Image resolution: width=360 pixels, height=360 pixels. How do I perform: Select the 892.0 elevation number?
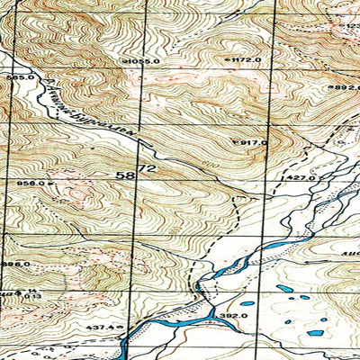[x=346, y=87]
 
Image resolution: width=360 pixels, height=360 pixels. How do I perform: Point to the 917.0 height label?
[x=254, y=142]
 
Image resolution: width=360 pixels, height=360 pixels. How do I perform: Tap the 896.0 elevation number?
[x=15, y=264]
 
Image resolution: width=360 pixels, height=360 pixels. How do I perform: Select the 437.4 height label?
[x=100, y=327]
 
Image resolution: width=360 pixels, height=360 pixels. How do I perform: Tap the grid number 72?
[x=147, y=168]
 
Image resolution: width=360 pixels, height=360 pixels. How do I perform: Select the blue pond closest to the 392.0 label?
[x=247, y=302]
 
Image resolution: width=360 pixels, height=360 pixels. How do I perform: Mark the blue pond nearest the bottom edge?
[x=315, y=333]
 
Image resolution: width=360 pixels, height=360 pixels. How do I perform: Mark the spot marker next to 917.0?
[x=236, y=142]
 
